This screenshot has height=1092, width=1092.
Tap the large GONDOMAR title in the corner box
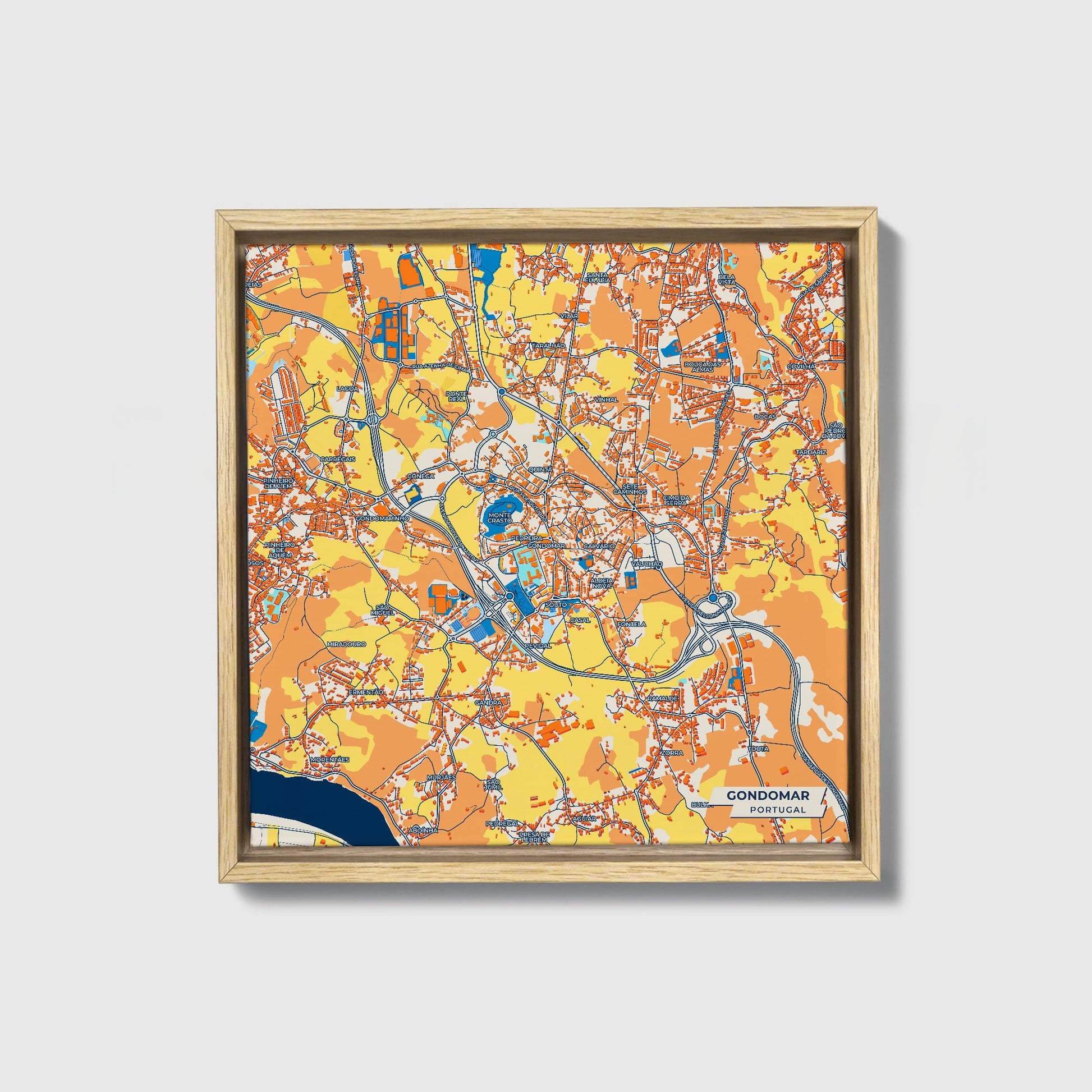point(768,795)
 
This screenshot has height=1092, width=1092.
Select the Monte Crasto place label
point(498,517)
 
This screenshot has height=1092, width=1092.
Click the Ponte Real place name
point(455,396)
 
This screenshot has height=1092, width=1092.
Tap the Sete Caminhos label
point(634,489)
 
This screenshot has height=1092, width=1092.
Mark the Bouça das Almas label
point(703,366)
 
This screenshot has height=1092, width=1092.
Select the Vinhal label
point(607,400)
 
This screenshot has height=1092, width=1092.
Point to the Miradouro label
point(346,644)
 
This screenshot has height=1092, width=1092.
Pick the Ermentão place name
point(366,692)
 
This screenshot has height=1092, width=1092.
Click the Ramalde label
point(662,699)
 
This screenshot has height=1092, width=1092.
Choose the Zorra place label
point(675,753)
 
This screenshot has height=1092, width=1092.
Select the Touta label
point(758,749)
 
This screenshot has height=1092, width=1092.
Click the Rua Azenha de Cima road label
point(441,368)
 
